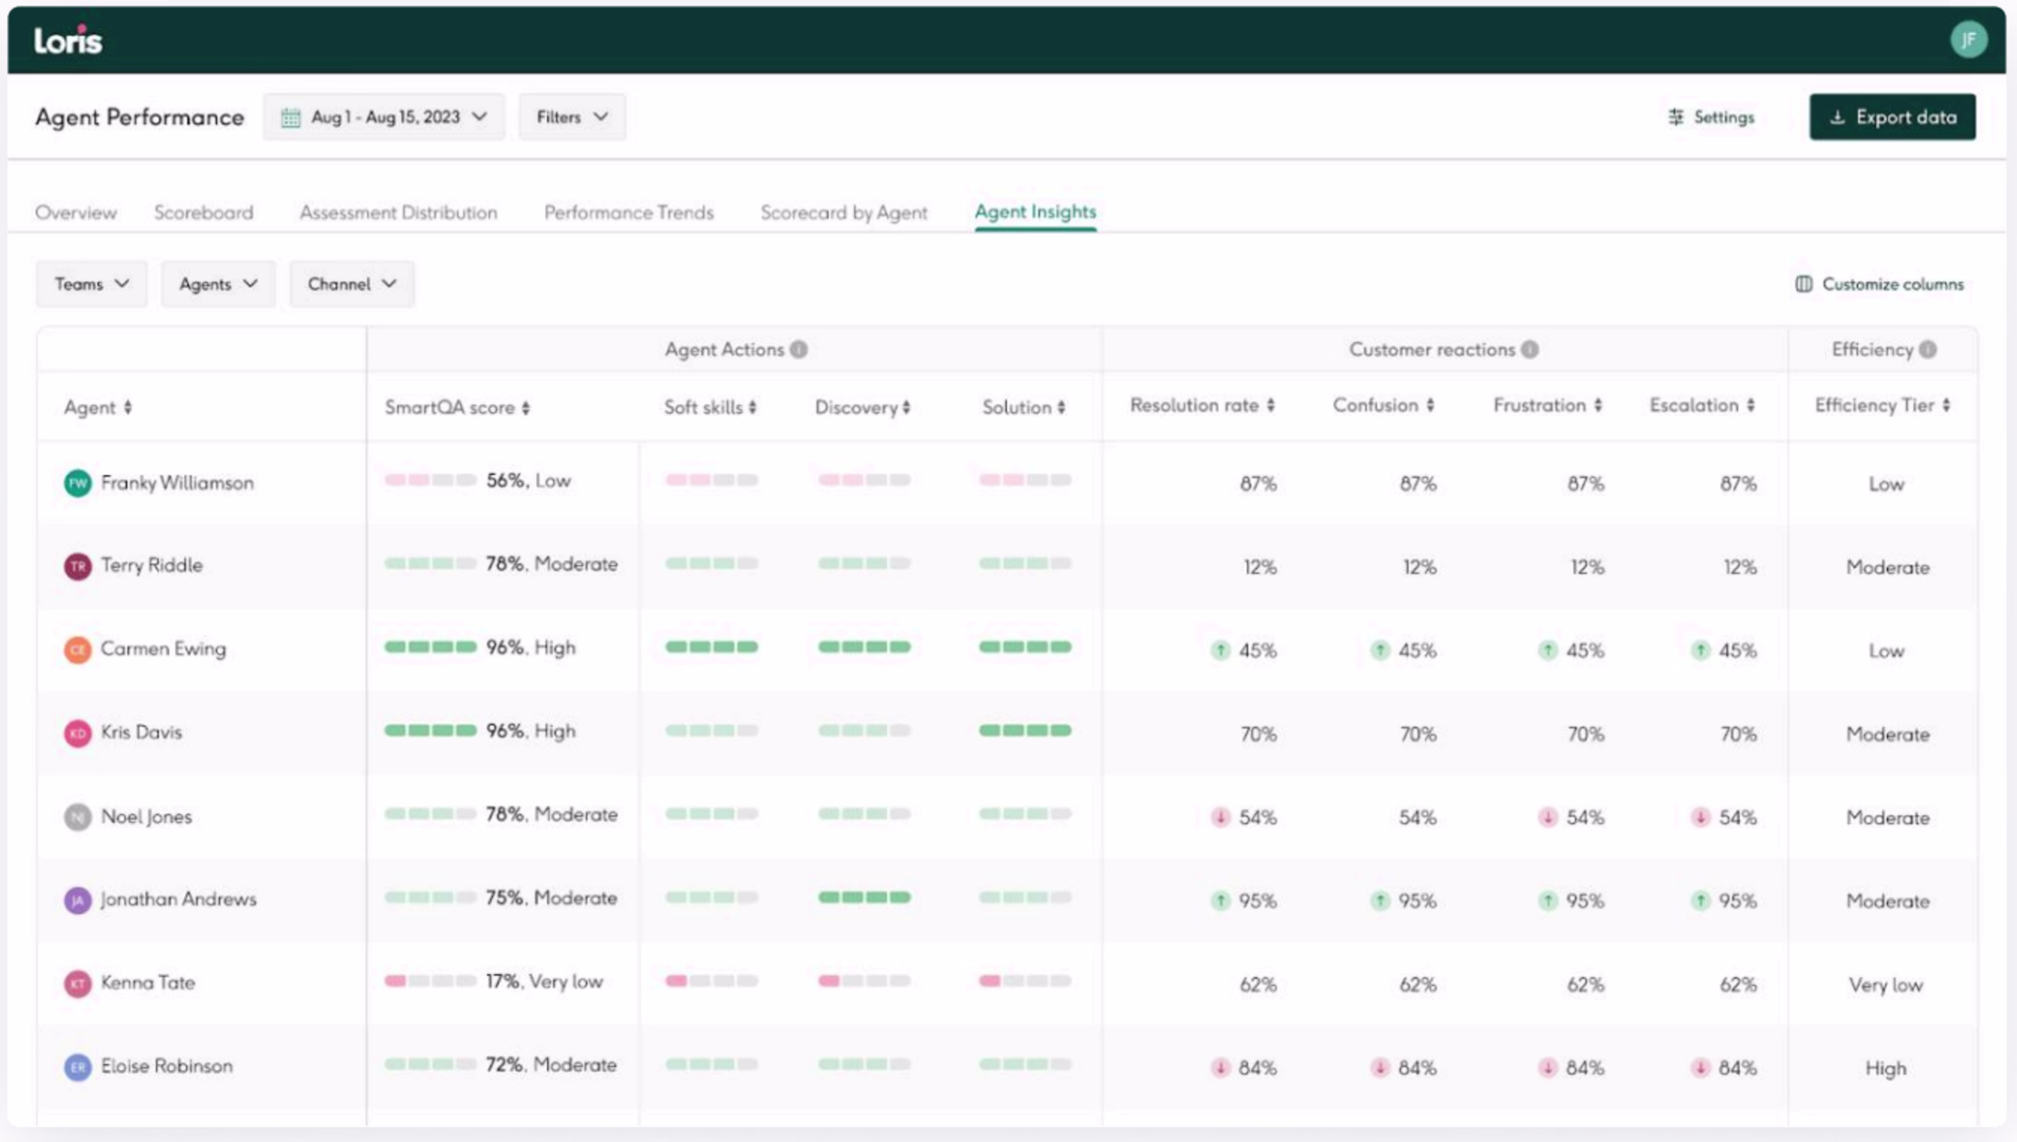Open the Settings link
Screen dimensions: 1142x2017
(1711, 117)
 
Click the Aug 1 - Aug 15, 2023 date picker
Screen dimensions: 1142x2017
(383, 117)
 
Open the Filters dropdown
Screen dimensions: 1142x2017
(571, 117)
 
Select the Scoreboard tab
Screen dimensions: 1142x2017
(204, 213)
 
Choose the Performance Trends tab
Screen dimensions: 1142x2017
(629, 213)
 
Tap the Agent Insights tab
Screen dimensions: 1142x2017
(1035, 212)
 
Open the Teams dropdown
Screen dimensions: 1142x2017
(91, 284)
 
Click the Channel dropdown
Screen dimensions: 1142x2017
(351, 284)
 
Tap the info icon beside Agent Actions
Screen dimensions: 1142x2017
(799, 350)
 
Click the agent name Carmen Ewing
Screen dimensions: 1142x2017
(163, 649)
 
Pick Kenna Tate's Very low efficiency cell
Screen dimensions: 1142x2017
(1885, 985)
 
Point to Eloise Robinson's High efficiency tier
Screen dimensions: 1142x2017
(1885, 1068)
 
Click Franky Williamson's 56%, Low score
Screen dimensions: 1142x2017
(528, 481)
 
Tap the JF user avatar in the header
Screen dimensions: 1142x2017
(1968, 40)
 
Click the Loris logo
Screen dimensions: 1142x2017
(68, 40)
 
